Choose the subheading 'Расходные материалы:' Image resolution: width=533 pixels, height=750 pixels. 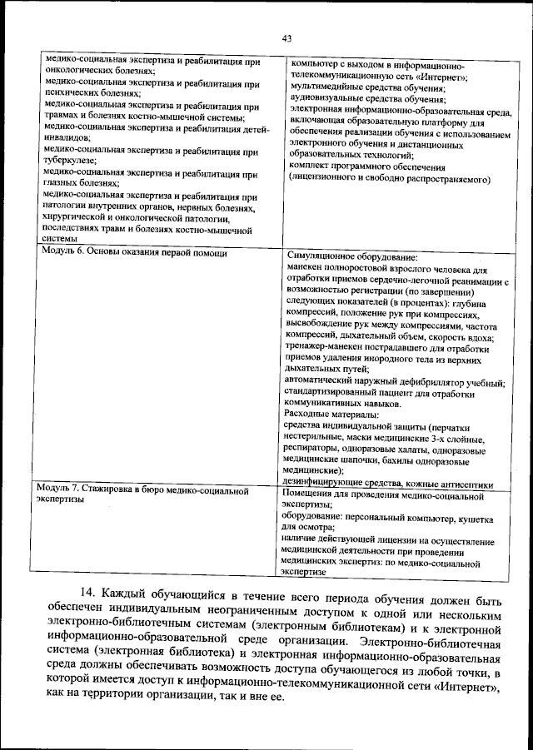click(x=331, y=415)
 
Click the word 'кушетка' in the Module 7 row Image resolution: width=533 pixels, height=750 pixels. click(x=475, y=518)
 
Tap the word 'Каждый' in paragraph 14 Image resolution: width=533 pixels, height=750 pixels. click(x=126, y=592)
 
